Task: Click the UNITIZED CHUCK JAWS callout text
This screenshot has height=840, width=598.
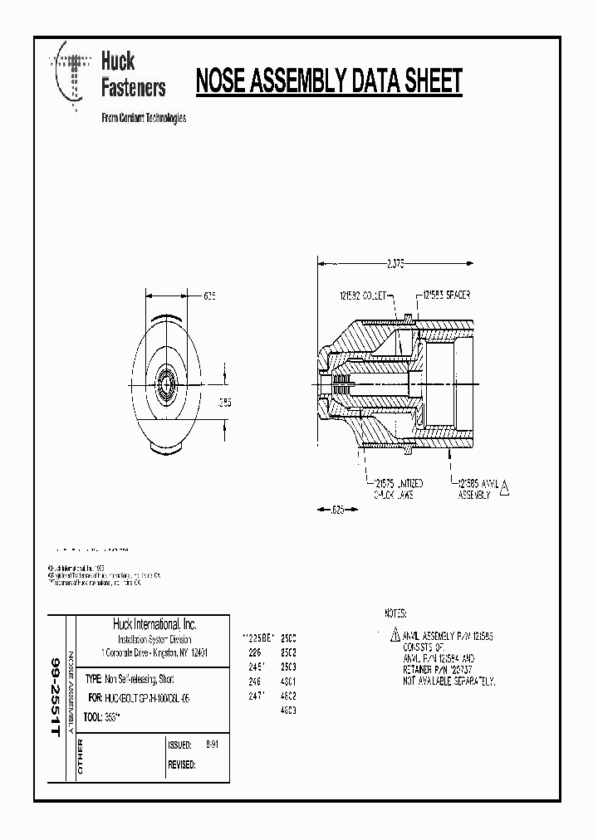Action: click(x=396, y=489)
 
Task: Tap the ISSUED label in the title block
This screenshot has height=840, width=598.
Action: click(x=179, y=745)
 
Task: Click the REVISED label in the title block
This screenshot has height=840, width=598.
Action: click(x=181, y=764)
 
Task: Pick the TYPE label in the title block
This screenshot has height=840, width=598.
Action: click(x=93, y=678)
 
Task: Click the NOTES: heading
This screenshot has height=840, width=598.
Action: click(x=395, y=613)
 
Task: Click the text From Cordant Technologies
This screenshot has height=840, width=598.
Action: click(x=143, y=118)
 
